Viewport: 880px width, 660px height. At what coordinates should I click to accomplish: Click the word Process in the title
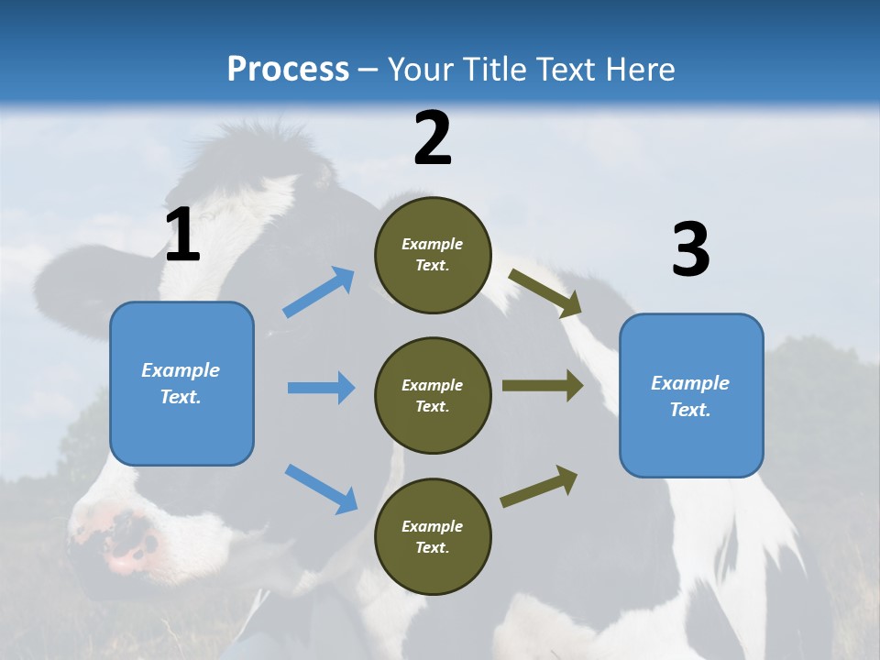point(288,69)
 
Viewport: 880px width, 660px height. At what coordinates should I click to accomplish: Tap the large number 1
point(182,236)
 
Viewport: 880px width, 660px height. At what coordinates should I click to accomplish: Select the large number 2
point(433,138)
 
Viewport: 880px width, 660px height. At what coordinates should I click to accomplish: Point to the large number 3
point(690,250)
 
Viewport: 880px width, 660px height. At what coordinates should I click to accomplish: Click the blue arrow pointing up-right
point(319,292)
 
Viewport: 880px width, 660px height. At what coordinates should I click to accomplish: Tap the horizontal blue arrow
point(321,388)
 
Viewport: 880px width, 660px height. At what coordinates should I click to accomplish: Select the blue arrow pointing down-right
point(321,489)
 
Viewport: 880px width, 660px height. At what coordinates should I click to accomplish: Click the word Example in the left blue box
point(181,370)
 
